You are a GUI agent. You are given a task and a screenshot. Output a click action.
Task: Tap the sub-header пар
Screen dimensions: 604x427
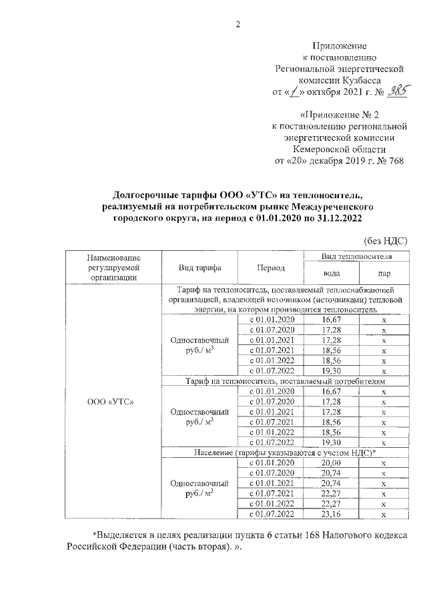pyautogui.click(x=384, y=273)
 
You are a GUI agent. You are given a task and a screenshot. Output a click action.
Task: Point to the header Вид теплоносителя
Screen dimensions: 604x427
pyautogui.click(x=357, y=256)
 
